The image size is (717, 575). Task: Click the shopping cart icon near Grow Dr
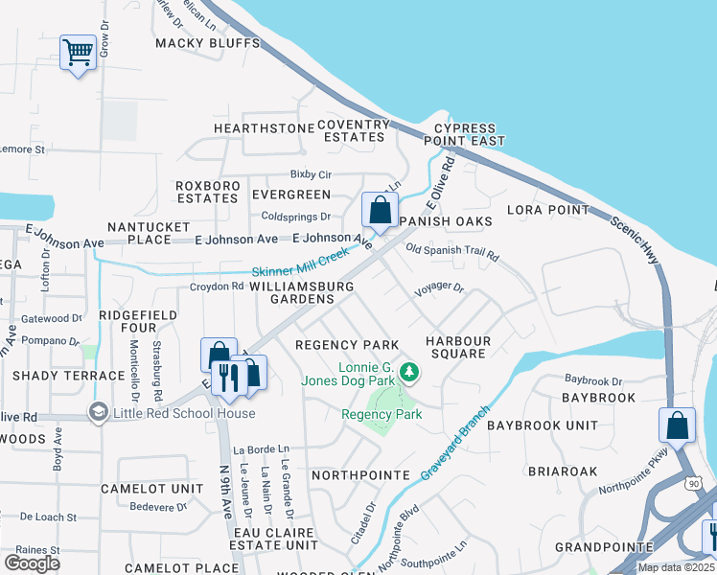[78, 52]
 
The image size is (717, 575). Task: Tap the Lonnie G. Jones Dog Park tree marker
[409, 370]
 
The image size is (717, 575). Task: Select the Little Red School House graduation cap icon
[97, 413]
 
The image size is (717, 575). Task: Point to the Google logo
[32, 563]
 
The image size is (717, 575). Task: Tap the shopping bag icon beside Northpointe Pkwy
[677, 425]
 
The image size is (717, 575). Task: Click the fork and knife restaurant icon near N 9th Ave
[228, 377]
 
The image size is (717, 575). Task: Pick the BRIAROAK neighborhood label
[561, 471]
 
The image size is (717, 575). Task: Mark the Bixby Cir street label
[311, 175]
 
